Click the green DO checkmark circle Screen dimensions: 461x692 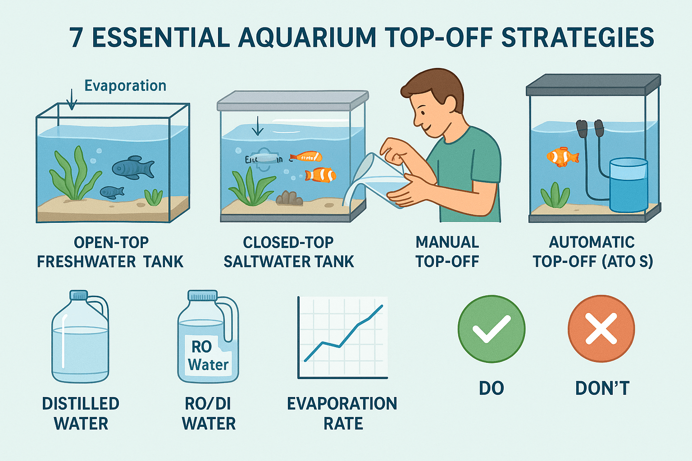[491, 329]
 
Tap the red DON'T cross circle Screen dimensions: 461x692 [601, 329]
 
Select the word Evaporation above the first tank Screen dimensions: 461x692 [125, 86]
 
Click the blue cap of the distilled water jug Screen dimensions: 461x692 [79, 295]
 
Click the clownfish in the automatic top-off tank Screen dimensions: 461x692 [562, 157]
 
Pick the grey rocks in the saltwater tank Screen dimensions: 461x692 [289, 198]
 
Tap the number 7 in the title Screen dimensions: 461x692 [77, 38]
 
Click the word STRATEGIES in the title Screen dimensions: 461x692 [578, 38]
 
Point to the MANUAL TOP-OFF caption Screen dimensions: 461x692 [447, 252]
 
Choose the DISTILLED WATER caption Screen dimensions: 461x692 [81, 413]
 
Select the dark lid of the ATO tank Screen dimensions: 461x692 [593, 85]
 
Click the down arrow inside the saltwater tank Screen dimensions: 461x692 [258, 126]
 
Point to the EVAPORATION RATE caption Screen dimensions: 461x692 [342, 413]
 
